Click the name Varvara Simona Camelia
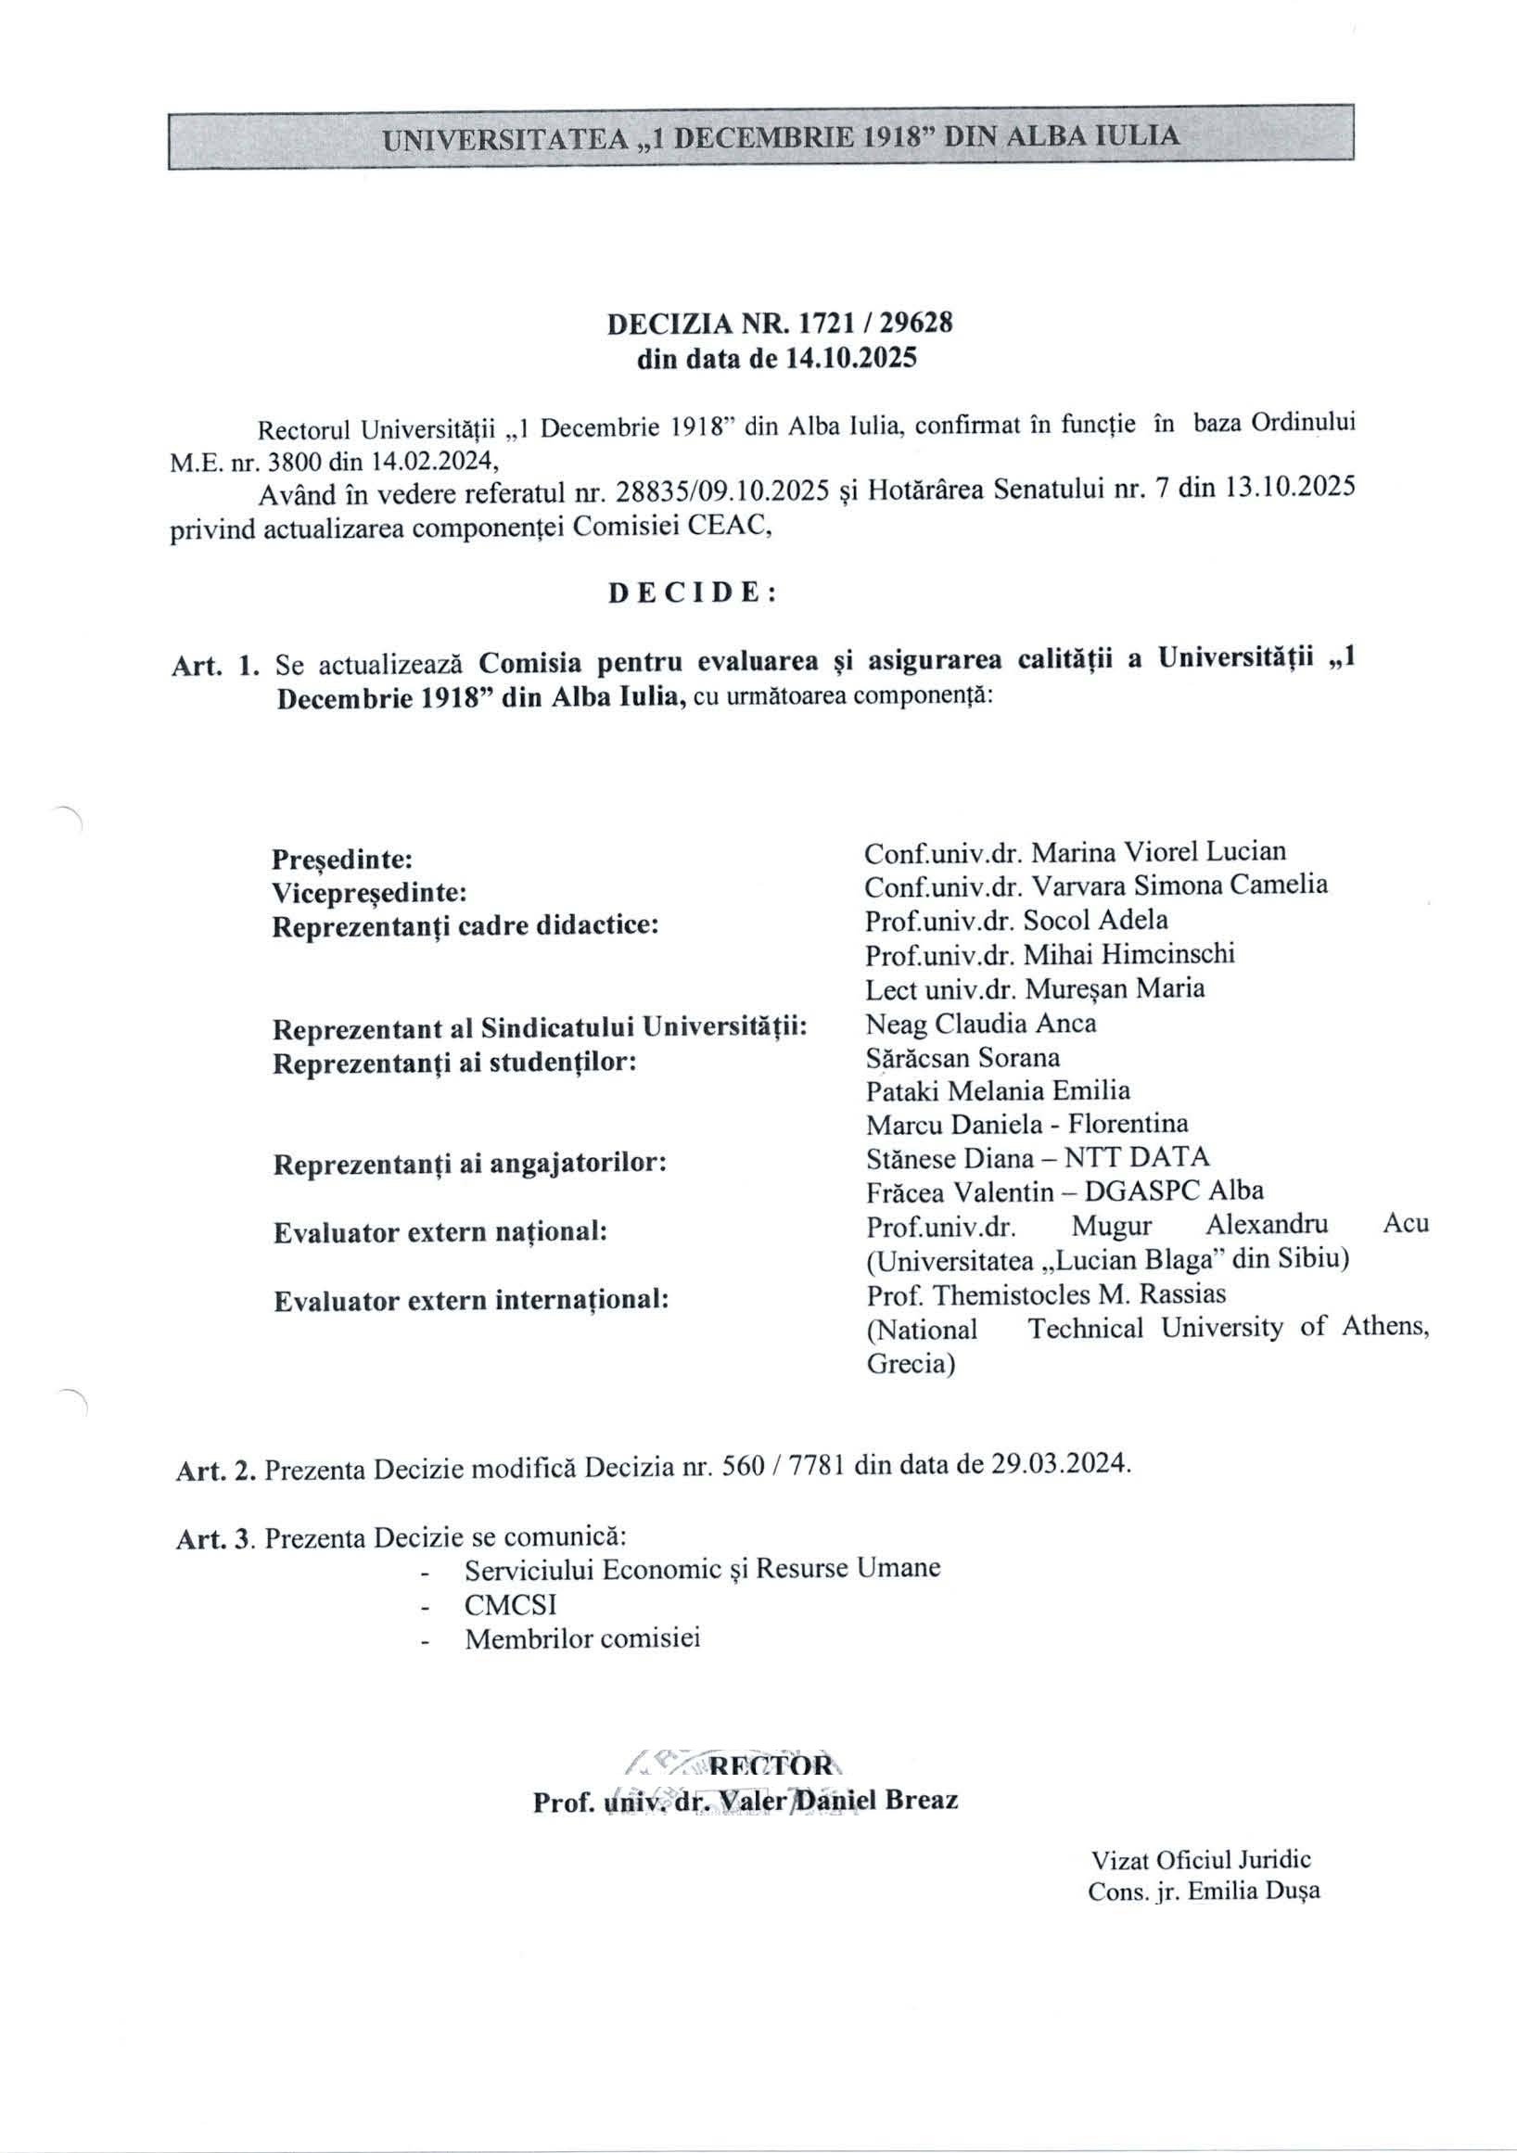(1180, 885)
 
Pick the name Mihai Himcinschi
(1128, 954)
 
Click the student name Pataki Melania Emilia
(999, 1090)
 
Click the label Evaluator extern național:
(440, 1232)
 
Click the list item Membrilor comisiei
(582, 1639)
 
